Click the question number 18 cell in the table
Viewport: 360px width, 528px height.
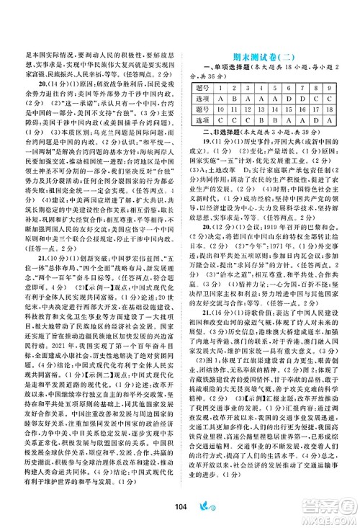(x=336, y=107)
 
